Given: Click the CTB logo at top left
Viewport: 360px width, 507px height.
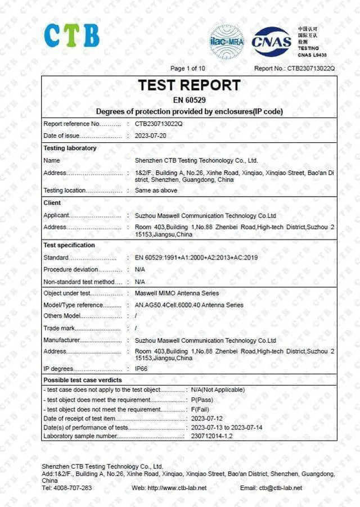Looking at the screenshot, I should [x=72, y=35].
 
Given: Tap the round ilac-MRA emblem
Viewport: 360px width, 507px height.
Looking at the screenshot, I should [x=227, y=42].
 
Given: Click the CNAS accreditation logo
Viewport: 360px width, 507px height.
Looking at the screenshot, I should [x=272, y=42].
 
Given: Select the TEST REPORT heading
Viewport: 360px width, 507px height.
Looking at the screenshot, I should [x=190, y=85].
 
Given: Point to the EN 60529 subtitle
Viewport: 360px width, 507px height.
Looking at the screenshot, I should [x=190, y=101].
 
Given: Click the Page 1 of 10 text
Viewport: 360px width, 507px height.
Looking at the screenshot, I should [x=188, y=69].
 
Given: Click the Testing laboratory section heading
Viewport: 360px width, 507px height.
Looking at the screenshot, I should [x=70, y=148].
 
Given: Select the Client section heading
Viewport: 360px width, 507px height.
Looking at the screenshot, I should [x=52, y=203].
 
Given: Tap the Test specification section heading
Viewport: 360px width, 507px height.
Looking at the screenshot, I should [x=69, y=246].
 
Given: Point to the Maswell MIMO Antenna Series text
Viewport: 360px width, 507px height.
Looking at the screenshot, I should [x=177, y=293].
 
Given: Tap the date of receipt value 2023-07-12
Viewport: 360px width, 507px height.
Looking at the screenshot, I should [x=207, y=419].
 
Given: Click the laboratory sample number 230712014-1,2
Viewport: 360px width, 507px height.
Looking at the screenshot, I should [x=211, y=436].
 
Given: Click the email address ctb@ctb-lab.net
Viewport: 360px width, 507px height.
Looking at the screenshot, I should [x=280, y=488].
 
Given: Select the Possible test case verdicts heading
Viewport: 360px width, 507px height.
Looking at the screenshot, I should [x=82, y=381].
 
